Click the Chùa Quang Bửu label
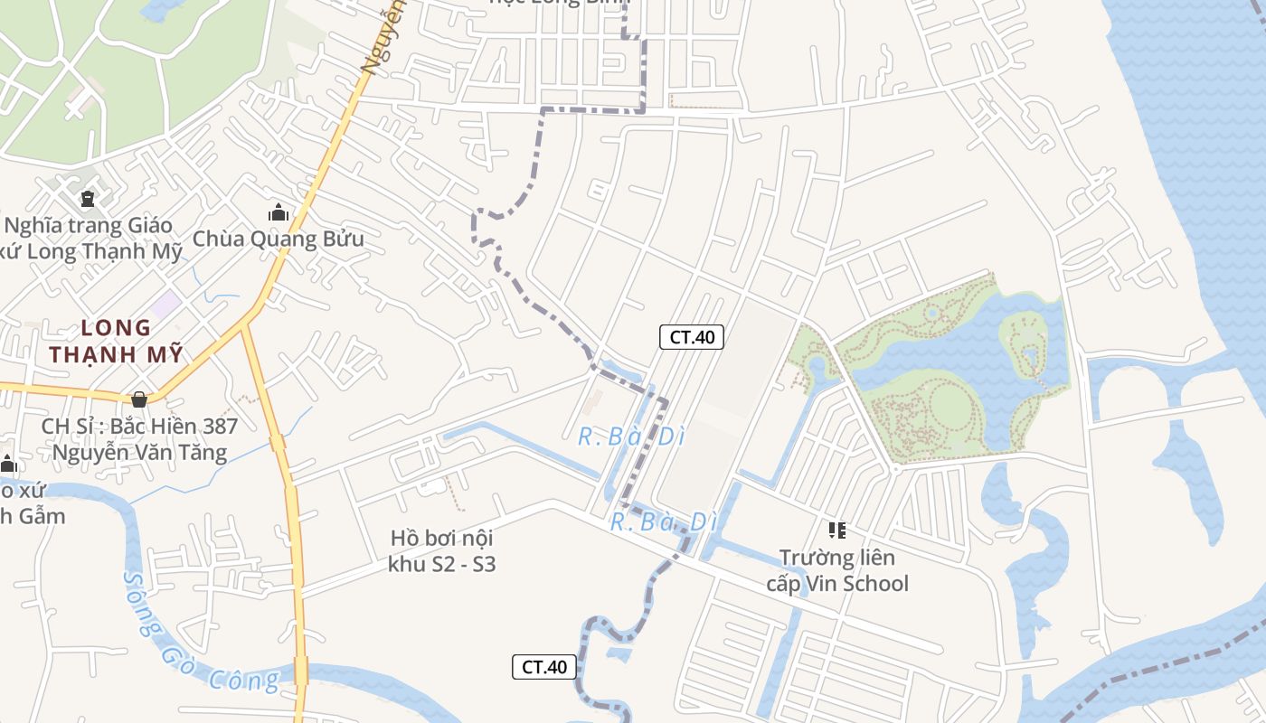(279, 239)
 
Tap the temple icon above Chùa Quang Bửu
(279, 213)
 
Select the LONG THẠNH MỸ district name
(116, 341)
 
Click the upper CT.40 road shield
(692, 337)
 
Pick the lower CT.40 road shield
(544, 667)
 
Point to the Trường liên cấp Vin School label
(837, 570)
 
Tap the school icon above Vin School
(837, 531)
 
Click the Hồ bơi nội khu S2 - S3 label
(442, 551)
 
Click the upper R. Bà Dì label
(631, 437)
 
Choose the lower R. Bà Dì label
(663, 522)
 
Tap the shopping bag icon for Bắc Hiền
(139, 399)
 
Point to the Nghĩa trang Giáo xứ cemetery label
(90, 238)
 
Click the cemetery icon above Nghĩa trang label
(88, 198)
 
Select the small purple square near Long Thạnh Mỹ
(165, 305)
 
